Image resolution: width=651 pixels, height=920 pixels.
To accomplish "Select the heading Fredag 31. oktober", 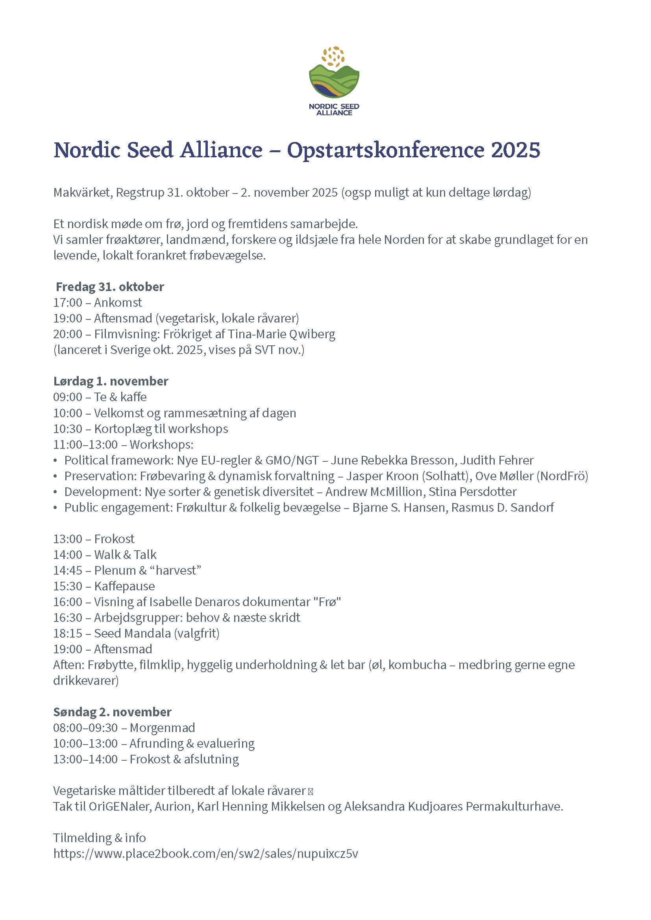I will tap(110, 287).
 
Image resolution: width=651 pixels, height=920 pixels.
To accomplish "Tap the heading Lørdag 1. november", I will tap(111, 381).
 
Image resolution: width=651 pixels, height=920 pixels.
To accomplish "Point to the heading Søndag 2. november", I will tap(112, 712).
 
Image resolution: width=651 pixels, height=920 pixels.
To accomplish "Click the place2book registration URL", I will tap(205, 854).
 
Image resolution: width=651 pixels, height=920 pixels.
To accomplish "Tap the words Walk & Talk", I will tap(125, 555).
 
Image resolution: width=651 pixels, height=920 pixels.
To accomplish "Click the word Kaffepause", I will tap(124, 586).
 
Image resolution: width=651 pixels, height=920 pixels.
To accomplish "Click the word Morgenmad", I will tap(162, 728).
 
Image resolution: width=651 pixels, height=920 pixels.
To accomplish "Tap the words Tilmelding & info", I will tap(100, 838).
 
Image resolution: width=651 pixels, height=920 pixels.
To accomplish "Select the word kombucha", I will tap(417, 665).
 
